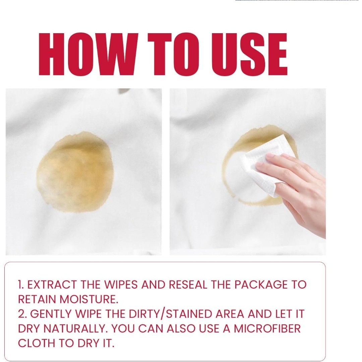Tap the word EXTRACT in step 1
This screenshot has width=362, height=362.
[x=52, y=285]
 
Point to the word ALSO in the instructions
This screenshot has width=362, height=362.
[x=181, y=329]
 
